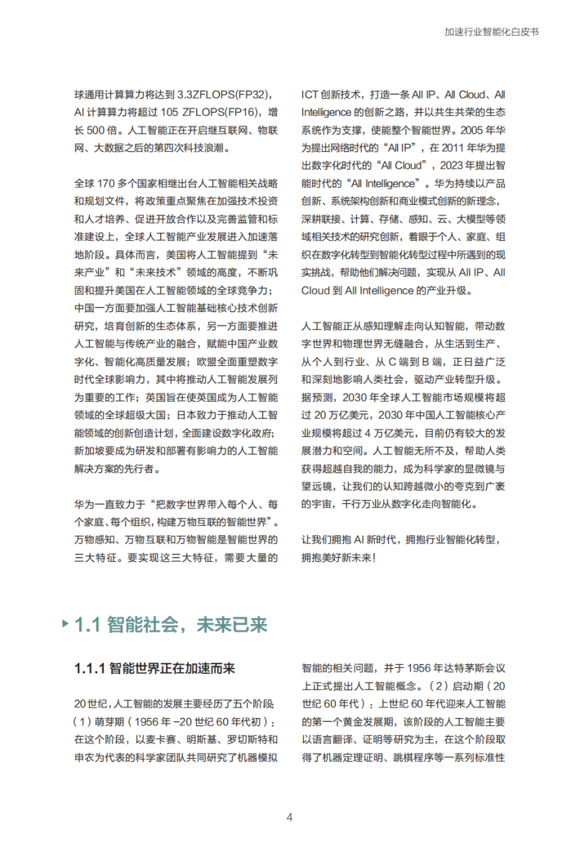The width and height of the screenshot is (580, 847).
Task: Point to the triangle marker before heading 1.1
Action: click(65, 625)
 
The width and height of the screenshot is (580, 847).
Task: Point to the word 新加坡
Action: click(89, 451)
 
